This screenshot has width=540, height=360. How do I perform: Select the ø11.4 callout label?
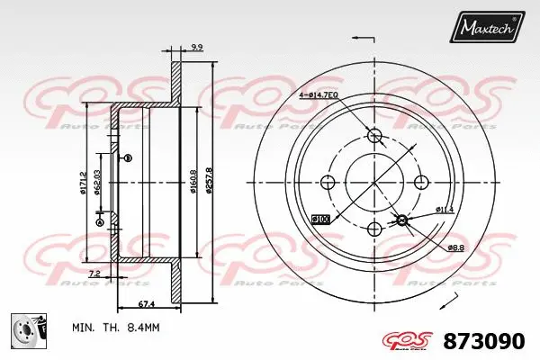[445, 211]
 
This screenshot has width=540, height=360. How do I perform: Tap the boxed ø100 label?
[319, 219]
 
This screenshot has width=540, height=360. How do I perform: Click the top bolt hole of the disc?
[375, 136]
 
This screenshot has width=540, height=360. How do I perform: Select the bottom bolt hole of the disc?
[375, 228]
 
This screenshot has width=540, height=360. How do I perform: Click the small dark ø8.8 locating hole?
[402, 220]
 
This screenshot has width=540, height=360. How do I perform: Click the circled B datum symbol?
[127, 158]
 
